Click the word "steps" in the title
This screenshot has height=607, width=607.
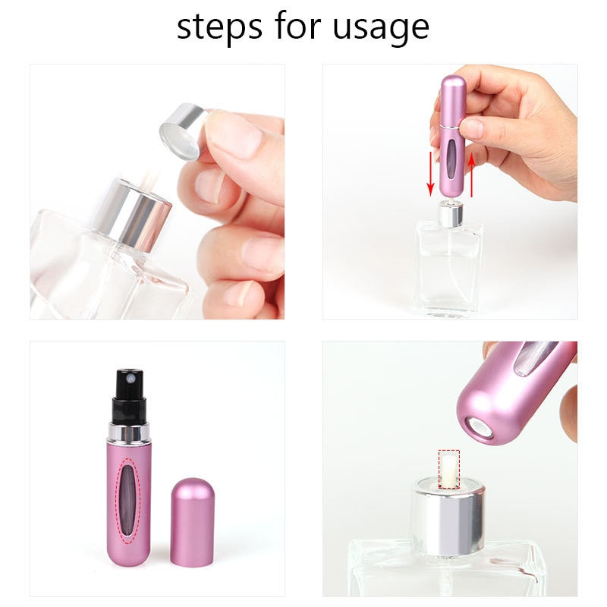219,27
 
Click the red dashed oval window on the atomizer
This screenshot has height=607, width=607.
131,501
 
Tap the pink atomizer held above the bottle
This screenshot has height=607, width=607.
453,137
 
